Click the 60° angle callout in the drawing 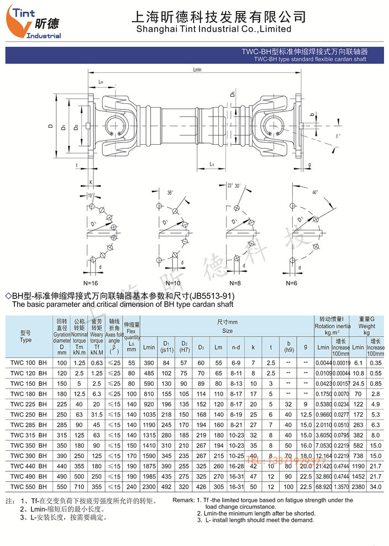click(314, 193)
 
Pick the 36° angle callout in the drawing click(169, 193)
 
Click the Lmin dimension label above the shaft click(198, 70)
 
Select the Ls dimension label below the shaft click(213, 164)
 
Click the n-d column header click(236, 347)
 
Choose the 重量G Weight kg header click(366, 326)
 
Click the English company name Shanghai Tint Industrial click(213, 29)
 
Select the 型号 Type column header click(26, 337)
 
